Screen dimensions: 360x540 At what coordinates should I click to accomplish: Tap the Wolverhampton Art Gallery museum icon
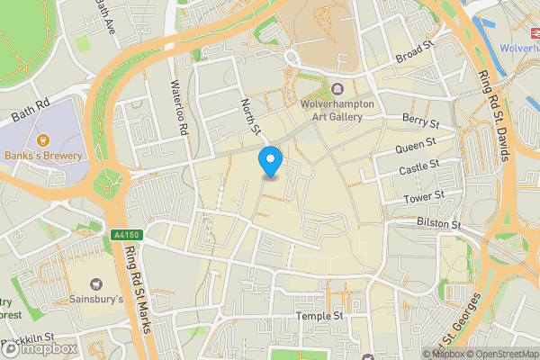337,89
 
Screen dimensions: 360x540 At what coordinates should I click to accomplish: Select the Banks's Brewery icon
42,139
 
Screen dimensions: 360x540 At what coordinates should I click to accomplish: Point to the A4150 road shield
127,235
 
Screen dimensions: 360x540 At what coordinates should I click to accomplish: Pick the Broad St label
414,55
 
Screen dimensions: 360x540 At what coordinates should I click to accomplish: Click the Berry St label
420,121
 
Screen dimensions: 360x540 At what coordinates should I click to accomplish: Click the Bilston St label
438,222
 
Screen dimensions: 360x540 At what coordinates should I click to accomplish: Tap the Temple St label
320,317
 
